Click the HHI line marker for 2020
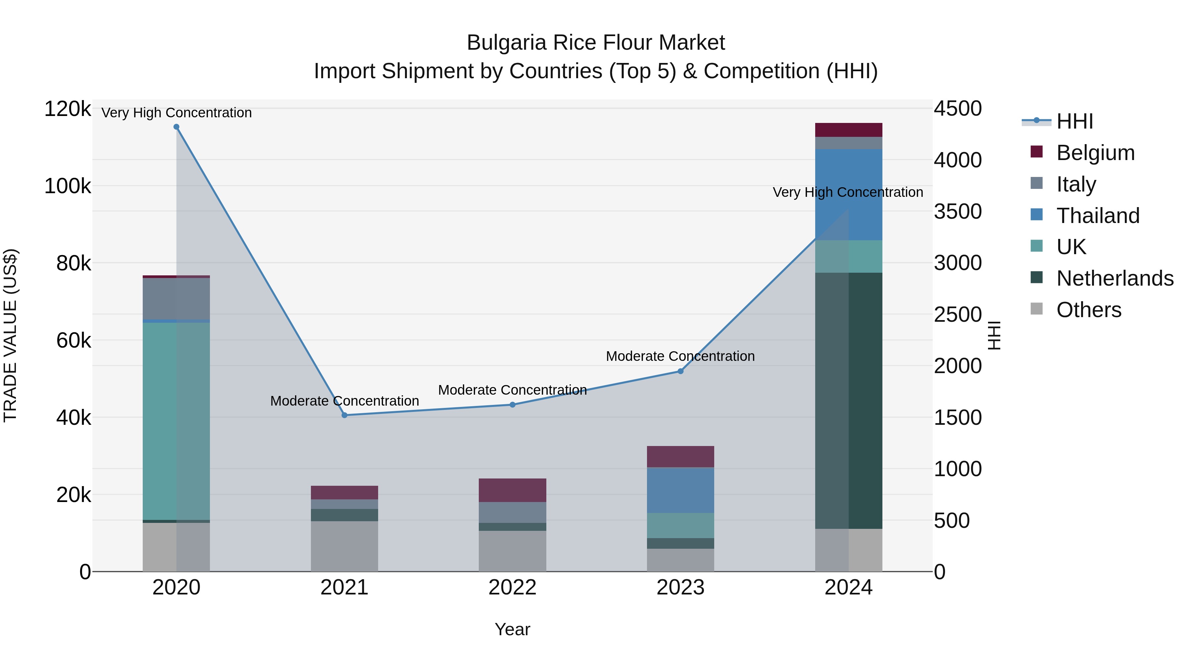[x=176, y=127]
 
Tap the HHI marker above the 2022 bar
[x=512, y=405]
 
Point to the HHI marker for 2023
[x=680, y=371]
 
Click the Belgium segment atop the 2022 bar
[x=512, y=490]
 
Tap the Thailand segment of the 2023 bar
[x=680, y=490]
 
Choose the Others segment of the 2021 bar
[x=344, y=546]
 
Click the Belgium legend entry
[x=1095, y=153]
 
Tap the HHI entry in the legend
[x=1074, y=121]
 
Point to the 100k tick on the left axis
[x=68, y=186]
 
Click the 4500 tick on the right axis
[x=957, y=109]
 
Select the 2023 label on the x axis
[x=680, y=587]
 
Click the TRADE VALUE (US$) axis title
[x=10, y=335]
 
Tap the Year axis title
[x=512, y=629]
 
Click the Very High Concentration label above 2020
[x=176, y=113]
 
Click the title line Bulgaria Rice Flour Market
[x=596, y=43]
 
